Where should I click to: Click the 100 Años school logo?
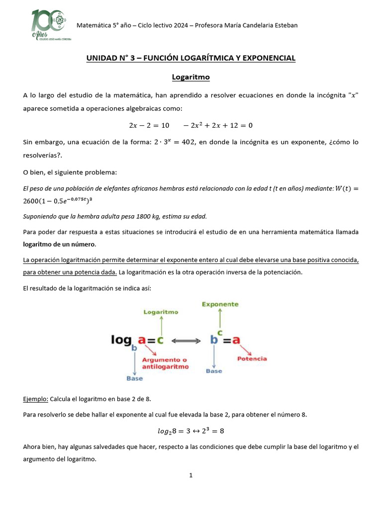pyautogui.click(x=48, y=25)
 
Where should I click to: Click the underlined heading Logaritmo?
pyautogui.click(x=191, y=77)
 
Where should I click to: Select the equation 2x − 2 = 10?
pyautogui.click(x=149, y=125)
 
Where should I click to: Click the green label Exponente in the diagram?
pyautogui.click(x=220, y=304)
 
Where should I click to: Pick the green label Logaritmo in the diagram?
pyautogui.click(x=161, y=312)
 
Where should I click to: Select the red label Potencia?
pyautogui.click(x=252, y=358)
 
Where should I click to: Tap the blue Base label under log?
pyautogui.click(x=134, y=378)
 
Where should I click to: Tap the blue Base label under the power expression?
pyautogui.click(x=214, y=371)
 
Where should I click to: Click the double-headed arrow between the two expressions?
pyautogui.click(x=189, y=341)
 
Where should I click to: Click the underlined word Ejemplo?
pyautogui.click(x=35, y=399)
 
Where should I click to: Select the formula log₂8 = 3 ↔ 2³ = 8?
pyautogui.click(x=191, y=430)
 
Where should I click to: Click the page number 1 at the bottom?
pyautogui.click(x=191, y=476)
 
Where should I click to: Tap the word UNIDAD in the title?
pyautogui.click(x=102, y=58)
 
